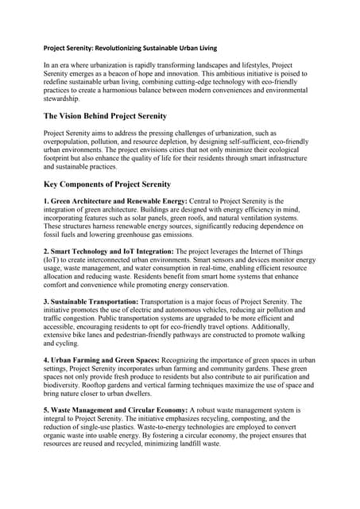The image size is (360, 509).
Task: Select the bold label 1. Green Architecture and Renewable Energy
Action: click(x=115, y=200)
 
